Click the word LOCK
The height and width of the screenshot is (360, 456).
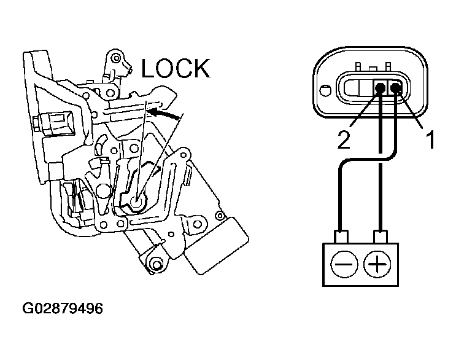tap(176, 68)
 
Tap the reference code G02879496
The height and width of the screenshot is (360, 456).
tap(63, 308)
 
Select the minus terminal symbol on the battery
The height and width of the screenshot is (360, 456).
tap(344, 265)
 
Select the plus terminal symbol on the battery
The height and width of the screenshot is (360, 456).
tap(377, 265)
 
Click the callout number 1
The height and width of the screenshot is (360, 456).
tap(430, 139)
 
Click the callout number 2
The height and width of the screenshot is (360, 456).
tap(344, 139)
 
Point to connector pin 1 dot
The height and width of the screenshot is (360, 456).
tap(395, 87)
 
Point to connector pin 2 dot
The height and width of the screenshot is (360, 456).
tap(380, 88)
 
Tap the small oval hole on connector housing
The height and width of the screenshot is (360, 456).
tap(325, 90)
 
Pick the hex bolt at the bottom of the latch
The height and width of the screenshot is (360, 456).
tap(157, 265)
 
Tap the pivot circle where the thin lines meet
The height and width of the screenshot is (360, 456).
tap(136, 201)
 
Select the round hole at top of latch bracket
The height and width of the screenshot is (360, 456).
tap(116, 58)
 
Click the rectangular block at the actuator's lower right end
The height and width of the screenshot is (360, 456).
tap(217, 246)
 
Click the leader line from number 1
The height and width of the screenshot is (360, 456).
tap(411, 110)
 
